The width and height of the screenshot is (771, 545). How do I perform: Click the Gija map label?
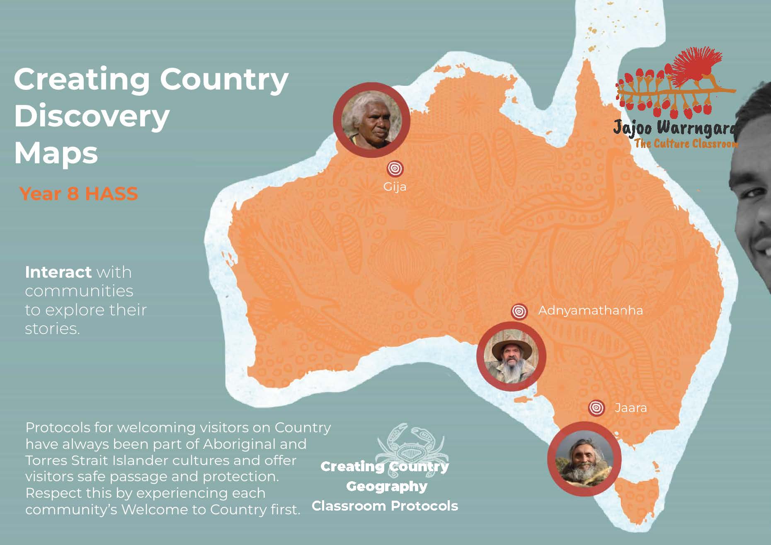[395, 187]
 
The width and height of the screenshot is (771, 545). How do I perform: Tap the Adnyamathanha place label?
[590, 310]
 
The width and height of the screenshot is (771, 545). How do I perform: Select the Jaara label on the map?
[630, 408]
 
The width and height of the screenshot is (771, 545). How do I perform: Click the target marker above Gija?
[395, 168]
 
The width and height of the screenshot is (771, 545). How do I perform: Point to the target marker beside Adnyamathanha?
[519, 311]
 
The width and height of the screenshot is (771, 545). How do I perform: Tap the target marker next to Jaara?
[596, 408]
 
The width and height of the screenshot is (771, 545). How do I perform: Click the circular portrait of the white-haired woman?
[371, 120]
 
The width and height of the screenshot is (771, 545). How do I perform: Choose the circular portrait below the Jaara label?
[584, 458]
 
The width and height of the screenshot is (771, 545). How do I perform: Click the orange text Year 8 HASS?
[78, 194]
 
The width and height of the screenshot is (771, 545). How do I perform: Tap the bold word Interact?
[58, 272]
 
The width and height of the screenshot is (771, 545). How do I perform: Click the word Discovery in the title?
[92, 116]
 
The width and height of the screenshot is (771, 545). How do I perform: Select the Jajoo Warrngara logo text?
[675, 128]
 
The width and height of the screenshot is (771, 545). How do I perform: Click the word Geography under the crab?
[386, 486]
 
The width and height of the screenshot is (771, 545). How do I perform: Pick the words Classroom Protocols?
[385, 506]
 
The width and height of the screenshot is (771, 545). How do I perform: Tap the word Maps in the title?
[56, 153]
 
